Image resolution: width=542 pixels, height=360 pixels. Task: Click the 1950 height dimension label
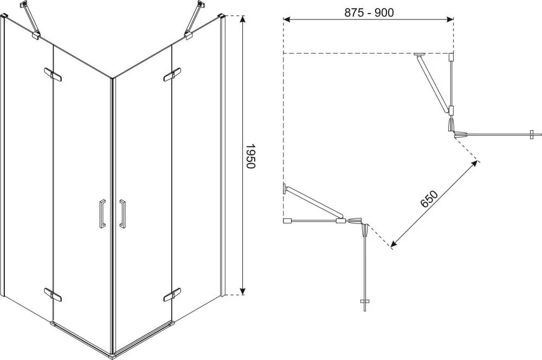coord(250,156)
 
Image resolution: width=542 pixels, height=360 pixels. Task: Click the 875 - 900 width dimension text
coord(369,12)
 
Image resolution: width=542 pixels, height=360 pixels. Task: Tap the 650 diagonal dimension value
coord(429,198)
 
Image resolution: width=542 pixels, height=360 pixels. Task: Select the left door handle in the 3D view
coord(102,213)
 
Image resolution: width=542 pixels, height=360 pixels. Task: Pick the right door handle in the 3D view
coord(122,213)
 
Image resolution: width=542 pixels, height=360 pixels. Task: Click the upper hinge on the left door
coord(53,75)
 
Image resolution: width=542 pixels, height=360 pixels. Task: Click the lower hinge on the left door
coord(53,294)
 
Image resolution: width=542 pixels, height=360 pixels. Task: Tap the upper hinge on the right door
coord(172,75)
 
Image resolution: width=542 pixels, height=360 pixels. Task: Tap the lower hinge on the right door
coord(172,294)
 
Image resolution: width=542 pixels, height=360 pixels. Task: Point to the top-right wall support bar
coord(195,19)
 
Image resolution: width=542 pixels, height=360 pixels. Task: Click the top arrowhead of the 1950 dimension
coord(243,20)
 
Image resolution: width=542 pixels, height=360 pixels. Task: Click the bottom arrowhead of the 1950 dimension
coord(243,291)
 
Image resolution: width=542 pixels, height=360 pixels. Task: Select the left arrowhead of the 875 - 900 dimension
coord(287,20)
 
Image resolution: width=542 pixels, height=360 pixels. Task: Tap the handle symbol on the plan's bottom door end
coord(365,302)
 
